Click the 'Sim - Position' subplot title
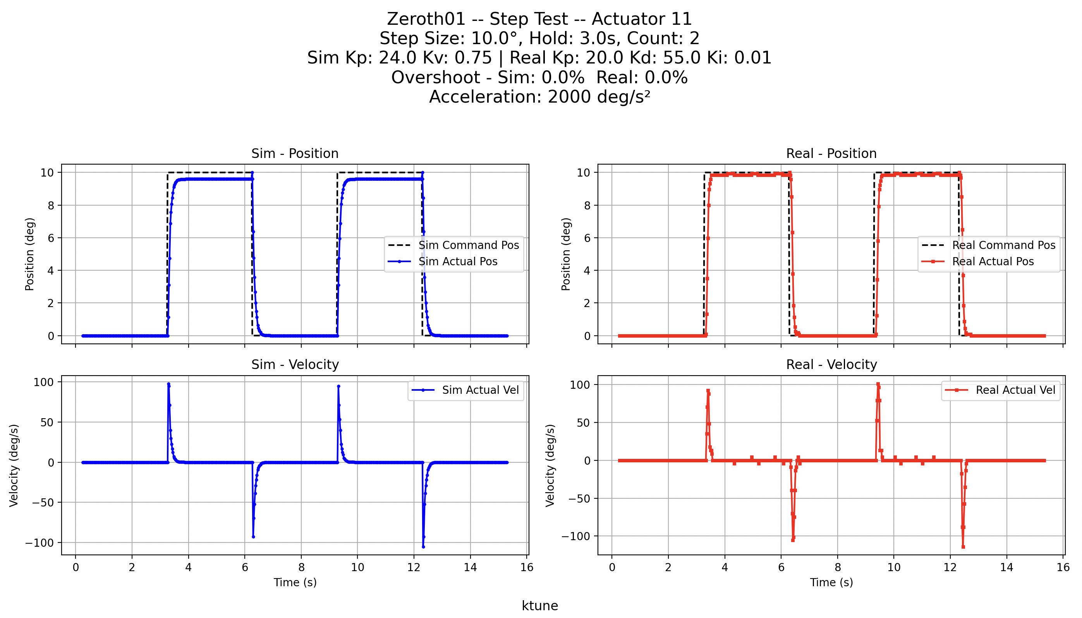click(295, 153)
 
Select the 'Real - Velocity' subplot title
click(831, 365)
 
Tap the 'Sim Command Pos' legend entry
click(468, 245)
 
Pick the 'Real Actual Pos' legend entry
click(993, 261)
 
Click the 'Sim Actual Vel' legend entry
click(480, 390)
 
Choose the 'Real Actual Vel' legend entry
click(1015, 390)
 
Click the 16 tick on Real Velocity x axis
click(1063, 568)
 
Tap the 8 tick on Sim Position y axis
click(51, 206)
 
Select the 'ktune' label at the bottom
click(539, 606)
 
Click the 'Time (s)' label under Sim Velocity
click(295, 582)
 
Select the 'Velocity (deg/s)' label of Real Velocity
click(550, 465)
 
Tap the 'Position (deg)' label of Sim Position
click(29, 254)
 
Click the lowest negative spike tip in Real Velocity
click(963, 547)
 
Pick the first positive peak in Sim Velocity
click(168, 384)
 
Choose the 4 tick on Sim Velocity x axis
click(188, 568)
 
